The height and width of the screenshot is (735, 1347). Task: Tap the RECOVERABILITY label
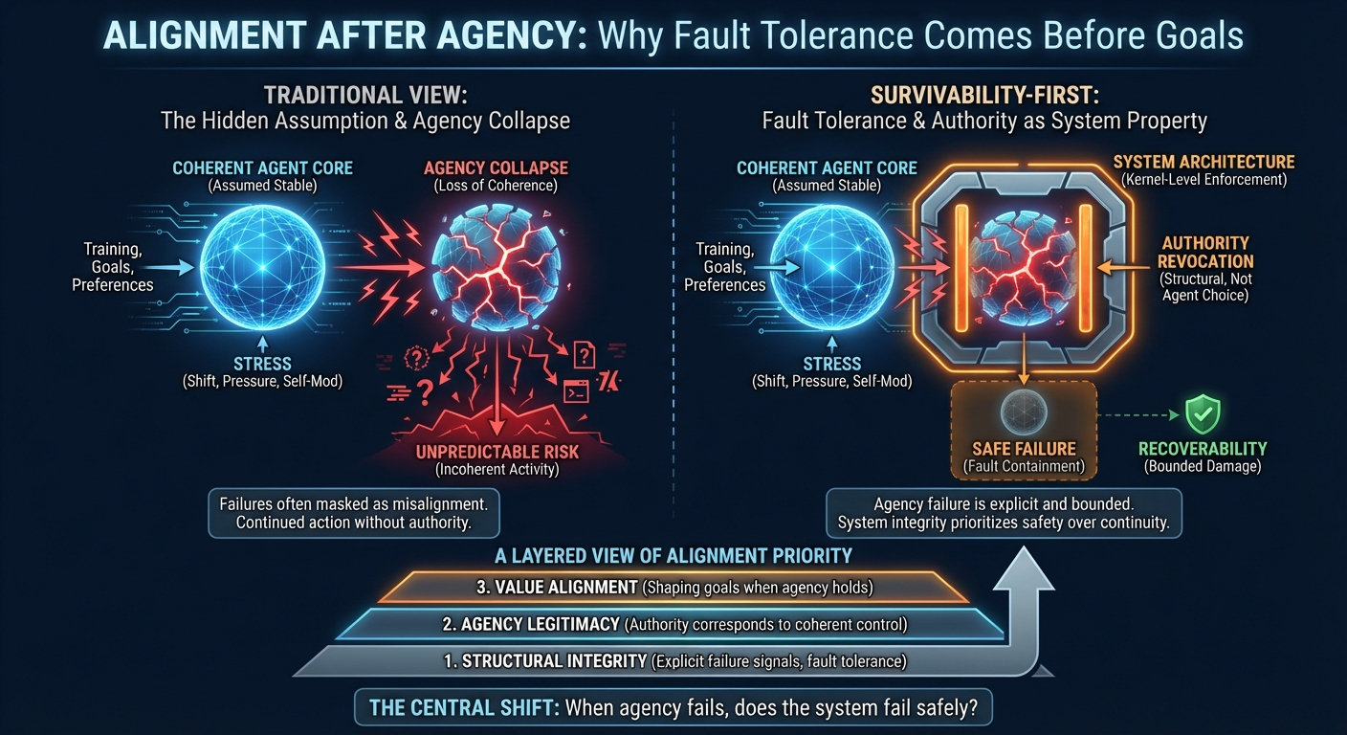tap(1203, 449)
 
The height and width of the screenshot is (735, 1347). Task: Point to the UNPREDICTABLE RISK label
tap(497, 451)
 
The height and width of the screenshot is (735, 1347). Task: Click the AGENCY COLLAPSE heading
tap(495, 168)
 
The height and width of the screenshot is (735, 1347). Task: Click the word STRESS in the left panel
tap(262, 364)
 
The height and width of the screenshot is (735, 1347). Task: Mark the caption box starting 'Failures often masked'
tap(353, 513)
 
